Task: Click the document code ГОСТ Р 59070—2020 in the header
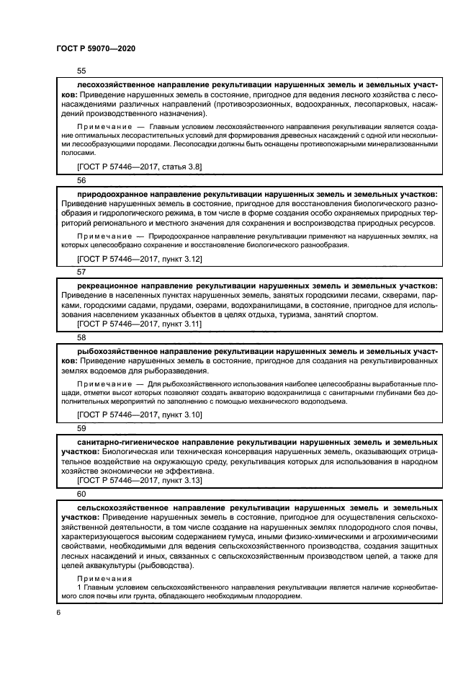(x=95, y=48)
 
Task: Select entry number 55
(x=81, y=71)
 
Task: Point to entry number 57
(x=81, y=272)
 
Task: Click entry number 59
(x=81, y=427)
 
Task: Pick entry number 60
(x=81, y=494)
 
